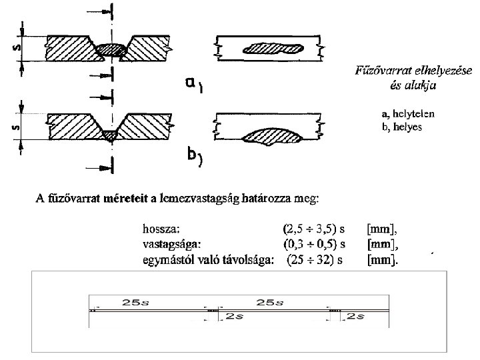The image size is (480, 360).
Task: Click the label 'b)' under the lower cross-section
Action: [194, 157]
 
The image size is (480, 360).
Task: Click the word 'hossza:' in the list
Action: [160, 228]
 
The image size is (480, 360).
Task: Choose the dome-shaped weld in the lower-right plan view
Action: [269, 135]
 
